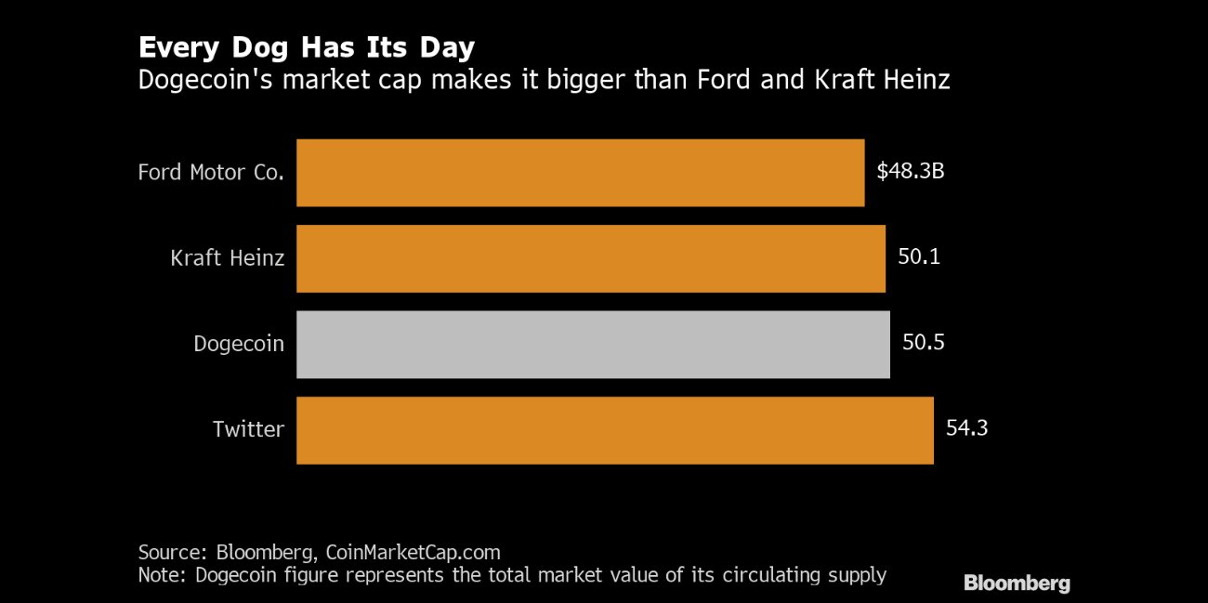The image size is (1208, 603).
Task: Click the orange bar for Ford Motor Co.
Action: click(x=580, y=173)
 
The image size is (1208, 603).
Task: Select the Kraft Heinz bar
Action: click(x=590, y=258)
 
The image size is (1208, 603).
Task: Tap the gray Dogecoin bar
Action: click(x=593, y=345)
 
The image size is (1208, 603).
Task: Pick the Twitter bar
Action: click(x=614, y=430)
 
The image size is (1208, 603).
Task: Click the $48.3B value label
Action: click(x=911, y=172)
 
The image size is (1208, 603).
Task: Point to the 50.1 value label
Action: click(x=919, y=256)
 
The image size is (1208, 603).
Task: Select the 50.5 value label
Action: click(x=923, y=343)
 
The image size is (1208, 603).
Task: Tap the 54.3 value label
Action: click(x=966, y=428)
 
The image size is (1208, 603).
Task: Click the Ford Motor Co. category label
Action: click(x=211, y=173)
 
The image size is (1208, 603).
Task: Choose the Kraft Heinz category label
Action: click(x=228, y=258)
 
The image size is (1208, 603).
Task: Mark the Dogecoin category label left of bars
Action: click(x=239, y=345)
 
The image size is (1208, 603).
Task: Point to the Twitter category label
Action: click(x=248, y=430)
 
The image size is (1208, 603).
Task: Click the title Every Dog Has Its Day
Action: click(x=306, y=47)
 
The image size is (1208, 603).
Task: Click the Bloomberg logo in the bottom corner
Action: click(x=1017, y=583)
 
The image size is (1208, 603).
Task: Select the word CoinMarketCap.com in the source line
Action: click(x=414, y=552)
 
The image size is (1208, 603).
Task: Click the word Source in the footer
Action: click(x=171, y=552)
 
